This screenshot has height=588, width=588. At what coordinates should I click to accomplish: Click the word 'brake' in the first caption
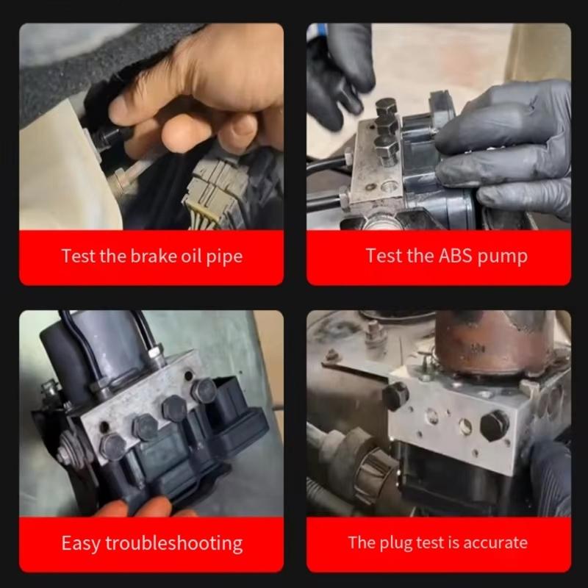pyautogui.click(x=152, y=257)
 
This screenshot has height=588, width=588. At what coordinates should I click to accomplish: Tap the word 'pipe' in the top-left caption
pyautogui.click(x=223, y=257)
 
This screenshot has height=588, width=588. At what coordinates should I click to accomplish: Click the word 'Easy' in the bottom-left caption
pyautogui.click(x=81, y=543)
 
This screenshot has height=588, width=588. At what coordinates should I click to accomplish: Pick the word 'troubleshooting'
pyautogui.click(x=173, y=544)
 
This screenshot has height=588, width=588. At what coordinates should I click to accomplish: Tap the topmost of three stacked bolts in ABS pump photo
pyautogui.click(x=387, y=108)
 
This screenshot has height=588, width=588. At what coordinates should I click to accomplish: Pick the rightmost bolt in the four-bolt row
pyautogui.click(x=204, y=390)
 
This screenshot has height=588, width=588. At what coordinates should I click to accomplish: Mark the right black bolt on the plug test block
pyautogui.click(x=494, y=425)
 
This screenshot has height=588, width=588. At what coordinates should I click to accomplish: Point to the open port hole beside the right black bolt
pyautogui.click(x=465, y=427)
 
